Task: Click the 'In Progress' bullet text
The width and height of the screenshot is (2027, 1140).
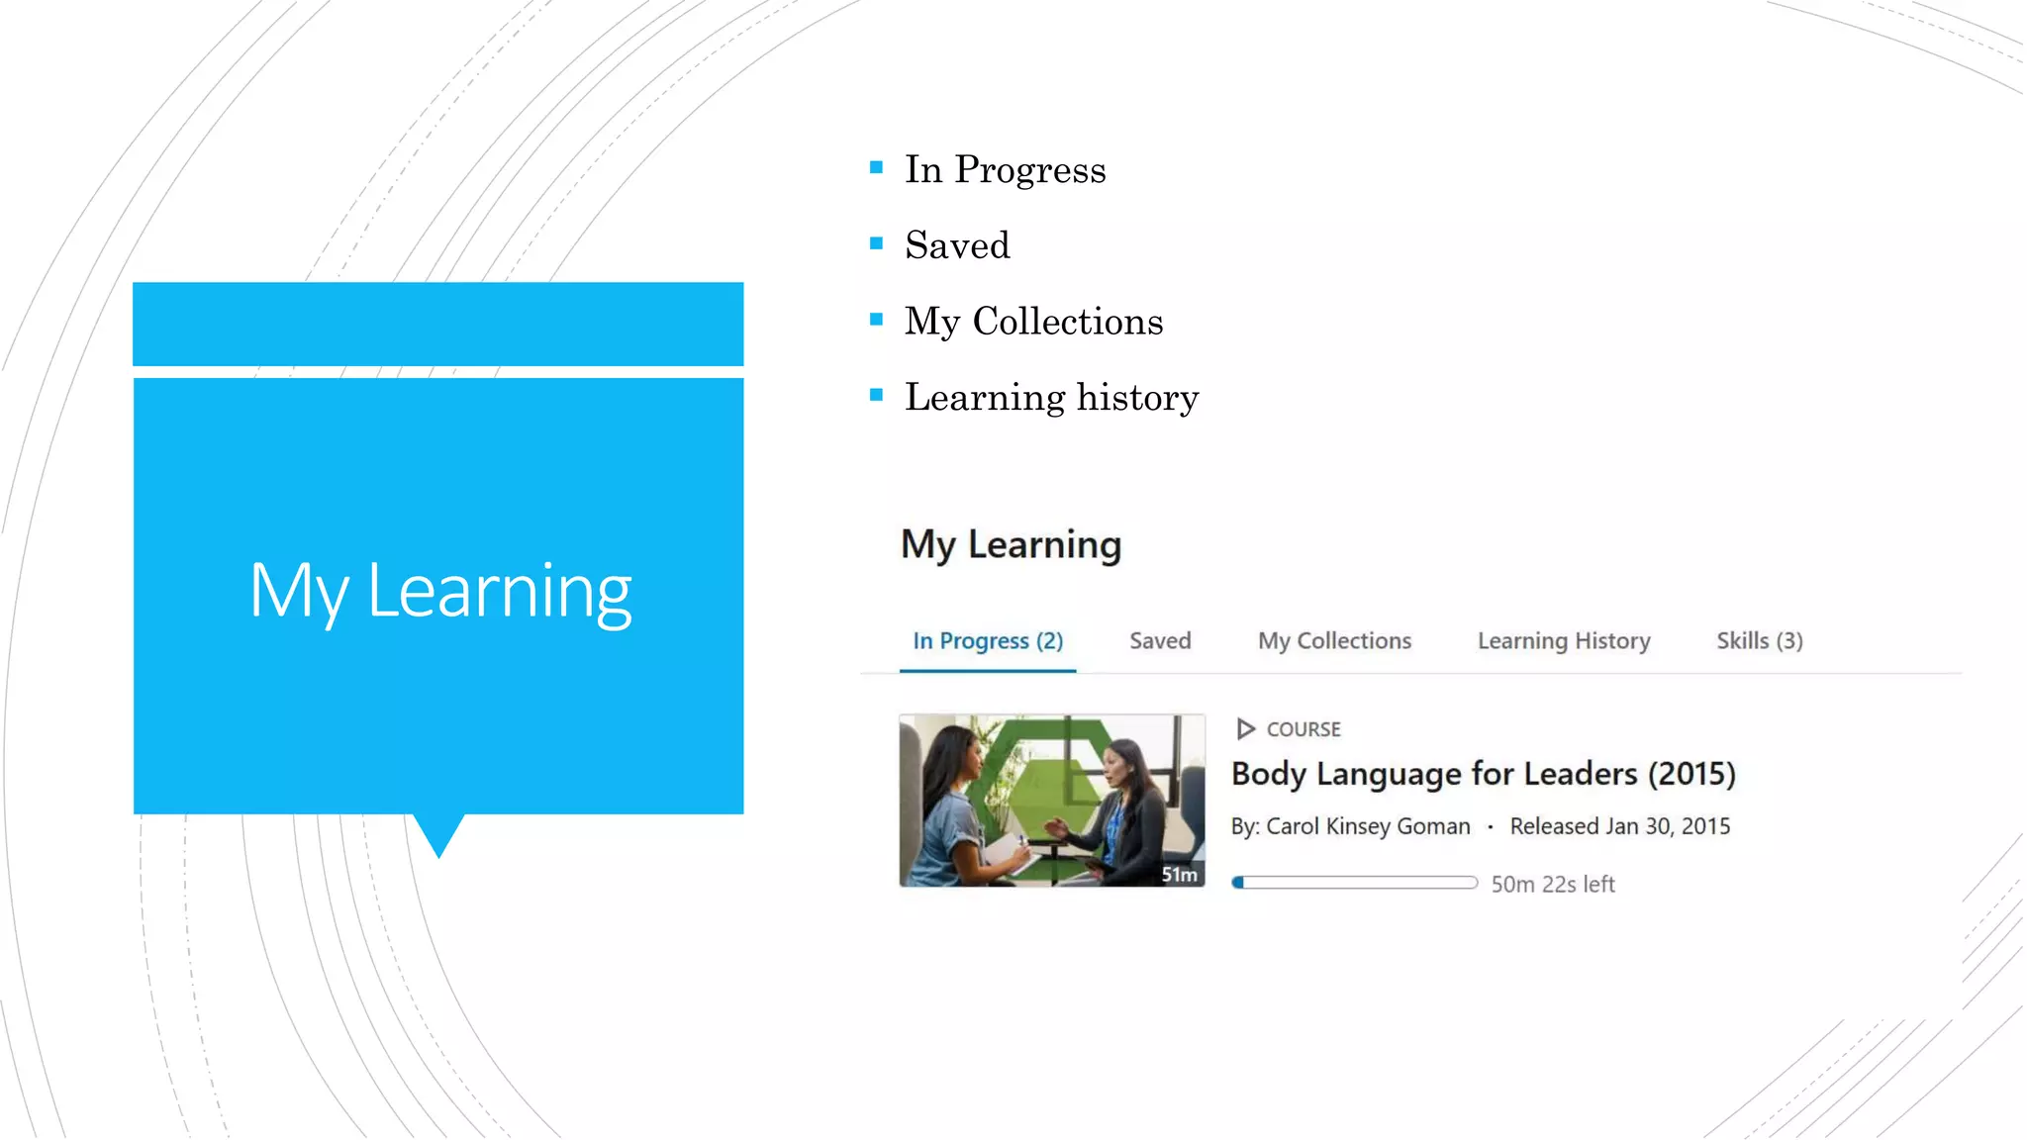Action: pos(1005,169)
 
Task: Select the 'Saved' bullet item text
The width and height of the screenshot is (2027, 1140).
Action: pos(957,245)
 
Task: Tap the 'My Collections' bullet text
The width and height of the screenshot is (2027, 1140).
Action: pos(1033,322)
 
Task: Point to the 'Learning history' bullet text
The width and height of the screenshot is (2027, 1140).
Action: pos(1051,398)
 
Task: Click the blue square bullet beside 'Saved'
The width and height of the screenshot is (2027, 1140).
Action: pos(876,243)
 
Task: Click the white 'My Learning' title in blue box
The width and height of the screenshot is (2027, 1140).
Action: pos(439,591)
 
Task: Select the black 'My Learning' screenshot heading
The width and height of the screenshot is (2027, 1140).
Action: pos(1011,545)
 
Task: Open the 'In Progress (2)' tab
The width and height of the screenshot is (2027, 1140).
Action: pos(988,641)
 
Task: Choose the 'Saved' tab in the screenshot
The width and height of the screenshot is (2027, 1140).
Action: pos(1160,641)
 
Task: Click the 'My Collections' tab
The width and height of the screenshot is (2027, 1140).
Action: pos(1334,641)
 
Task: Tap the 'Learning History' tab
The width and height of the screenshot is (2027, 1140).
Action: pos(1564,641)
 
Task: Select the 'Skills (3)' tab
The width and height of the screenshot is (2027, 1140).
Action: pos(1759,641)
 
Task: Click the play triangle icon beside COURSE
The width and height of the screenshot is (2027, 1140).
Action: pos(1245,729)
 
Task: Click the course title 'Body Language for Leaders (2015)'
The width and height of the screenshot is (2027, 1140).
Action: pos(1483,774)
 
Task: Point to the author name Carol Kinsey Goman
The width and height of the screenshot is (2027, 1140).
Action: pos(1368,826)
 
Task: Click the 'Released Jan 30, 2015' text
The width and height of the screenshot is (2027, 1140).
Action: pos(1619,826)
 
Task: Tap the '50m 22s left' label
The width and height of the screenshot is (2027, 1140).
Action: pos(1553,885)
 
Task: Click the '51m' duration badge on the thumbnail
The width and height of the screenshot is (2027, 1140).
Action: pos(1179,875)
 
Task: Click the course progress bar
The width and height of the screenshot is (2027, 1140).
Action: pos(1354,883)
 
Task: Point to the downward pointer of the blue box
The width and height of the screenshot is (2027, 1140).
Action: pos(438,836)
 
